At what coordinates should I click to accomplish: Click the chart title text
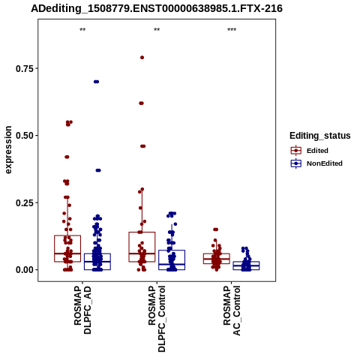[157, 8]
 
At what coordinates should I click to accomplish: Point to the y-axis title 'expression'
[8, 150]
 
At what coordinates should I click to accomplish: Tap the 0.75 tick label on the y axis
[25, 68]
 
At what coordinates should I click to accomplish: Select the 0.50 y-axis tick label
[25, 136]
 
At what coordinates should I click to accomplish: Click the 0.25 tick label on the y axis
[25, 202]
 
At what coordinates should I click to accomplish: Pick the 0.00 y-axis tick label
[25, 270]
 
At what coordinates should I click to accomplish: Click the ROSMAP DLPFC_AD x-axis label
[82, 310]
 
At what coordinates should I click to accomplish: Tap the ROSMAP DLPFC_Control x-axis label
[157, 319]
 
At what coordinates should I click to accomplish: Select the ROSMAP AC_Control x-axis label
[232, 310]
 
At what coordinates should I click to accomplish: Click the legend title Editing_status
[320, 136]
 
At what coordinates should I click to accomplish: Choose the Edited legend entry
[310, 151]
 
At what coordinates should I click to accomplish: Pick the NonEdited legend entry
[316, 163]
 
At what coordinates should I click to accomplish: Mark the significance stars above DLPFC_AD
[82, 30]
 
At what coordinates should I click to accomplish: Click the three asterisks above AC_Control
[232, 30]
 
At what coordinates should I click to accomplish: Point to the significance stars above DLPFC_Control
[157, 30]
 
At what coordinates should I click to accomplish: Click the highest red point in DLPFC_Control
[142, 58]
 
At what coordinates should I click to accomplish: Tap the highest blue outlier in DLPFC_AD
[96, 82]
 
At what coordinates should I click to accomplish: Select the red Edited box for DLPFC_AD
[67, 248]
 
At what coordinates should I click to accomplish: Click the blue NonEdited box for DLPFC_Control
[172, 259]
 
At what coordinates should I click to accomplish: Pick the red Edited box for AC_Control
[217, 259]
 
